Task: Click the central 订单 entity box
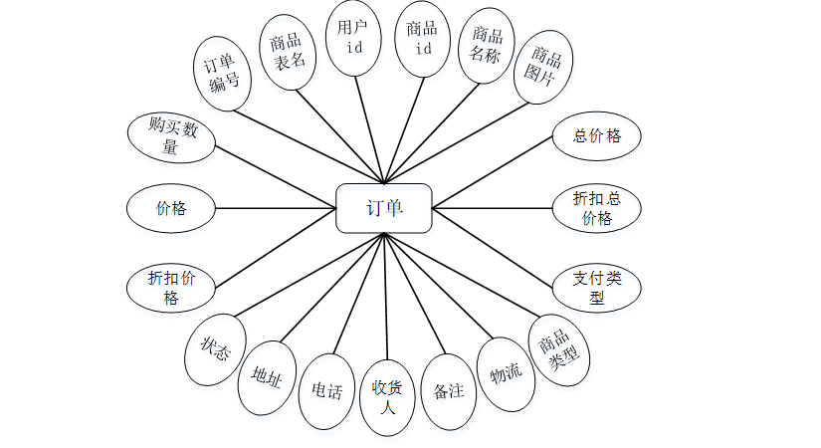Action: point(383,208)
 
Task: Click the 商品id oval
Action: point(423,38)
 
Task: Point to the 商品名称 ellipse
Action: point(487,46)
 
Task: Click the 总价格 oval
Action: point(596,136)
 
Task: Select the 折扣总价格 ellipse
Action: point(596,208)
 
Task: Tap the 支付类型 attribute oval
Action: point(596,287)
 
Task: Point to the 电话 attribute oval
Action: point(327,391)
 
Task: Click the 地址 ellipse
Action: point(267,376)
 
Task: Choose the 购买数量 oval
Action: point(170,136)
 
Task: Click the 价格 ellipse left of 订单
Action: point(170,208)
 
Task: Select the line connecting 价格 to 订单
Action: point(275,208)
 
